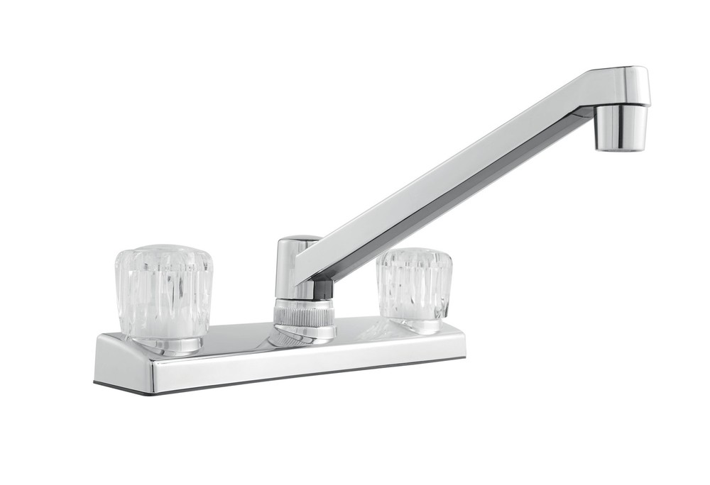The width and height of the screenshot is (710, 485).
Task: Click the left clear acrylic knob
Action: tap(164, 291)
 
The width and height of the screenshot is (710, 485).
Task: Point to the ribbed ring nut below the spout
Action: tap(304, 313)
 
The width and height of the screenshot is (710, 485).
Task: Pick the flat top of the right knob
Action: tap(415, 254)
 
